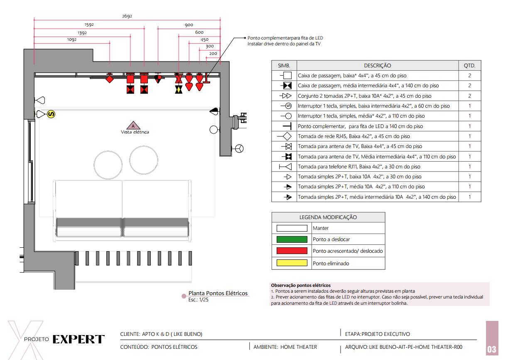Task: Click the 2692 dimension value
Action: pyautogui.click(x=127, y=16)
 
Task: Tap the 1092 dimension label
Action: pyautogui.click(x=72, y=39)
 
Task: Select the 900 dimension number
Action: pyautogui.click(x=189, y=25)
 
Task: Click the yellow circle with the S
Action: pyautogui.click(x=51, y=114)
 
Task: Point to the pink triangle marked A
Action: pyautogui.click(x=133, y=126)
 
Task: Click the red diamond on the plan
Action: pyautogui.click(x=110, y=79)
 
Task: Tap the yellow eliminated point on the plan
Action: pyautogui.click(x=179, y=89)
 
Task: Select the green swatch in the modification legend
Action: pyautogui.click(x=292, y=239)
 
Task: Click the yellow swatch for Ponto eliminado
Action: pyautogui.click(x=292, y=263)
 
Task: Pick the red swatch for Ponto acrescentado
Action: pyautogui.click(x=292, y=251)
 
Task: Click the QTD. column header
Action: pyautogui.click(x=469, y=66)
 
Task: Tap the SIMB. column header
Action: pyautogui.click(x=284, y=66)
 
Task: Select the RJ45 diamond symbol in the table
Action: pyautogui.click(x=287, y=136)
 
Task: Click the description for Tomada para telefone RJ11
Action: pyautogui.click(x=359, y=167)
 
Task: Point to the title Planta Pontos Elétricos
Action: pyautogui.click(x=218, y=293)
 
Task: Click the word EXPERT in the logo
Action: pyautogui.click(x=79, y=339)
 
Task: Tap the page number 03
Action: pyautogui.click(x=492, y=349)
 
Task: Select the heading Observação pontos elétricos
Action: pyautogui.click(x=301, y=285)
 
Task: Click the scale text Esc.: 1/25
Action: pyautogui.click(x=198, y=300)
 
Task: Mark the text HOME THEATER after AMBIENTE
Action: pyautogui.click(x=299, y=347)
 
